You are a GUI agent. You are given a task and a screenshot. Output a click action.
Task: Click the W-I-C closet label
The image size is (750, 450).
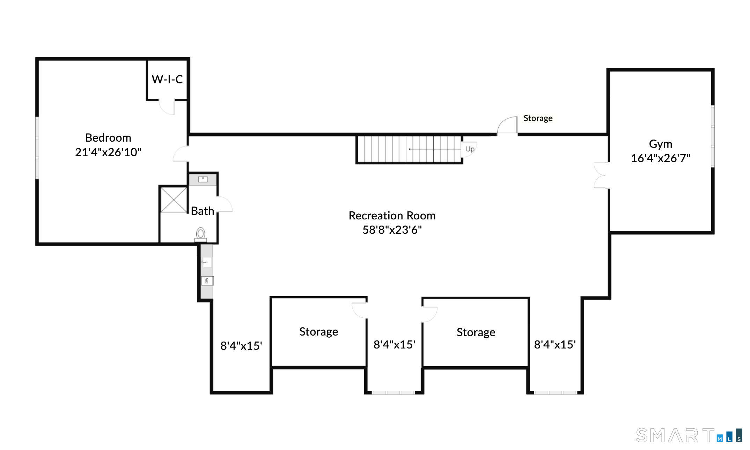[167, 80]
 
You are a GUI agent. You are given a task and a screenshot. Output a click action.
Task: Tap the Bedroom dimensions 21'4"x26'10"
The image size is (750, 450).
[108, 152]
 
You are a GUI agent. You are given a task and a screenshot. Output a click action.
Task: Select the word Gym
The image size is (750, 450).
[660, 144]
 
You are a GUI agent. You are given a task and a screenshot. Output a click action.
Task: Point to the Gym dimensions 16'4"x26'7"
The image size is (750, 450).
[660, 158]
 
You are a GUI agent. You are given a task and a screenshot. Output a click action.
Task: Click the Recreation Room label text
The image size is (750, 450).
[392, 216]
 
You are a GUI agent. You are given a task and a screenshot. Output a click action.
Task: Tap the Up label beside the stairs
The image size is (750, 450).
[470, 149]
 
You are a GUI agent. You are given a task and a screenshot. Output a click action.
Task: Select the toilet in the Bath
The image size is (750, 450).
[200, 234]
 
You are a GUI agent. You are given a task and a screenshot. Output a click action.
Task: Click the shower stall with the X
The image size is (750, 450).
[174, 200]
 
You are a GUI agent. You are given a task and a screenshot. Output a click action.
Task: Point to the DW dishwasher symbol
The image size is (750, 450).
[207, 280]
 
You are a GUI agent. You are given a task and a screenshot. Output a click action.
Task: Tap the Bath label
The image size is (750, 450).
[203, 211]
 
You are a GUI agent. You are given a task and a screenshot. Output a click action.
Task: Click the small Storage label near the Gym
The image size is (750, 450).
[538, 118]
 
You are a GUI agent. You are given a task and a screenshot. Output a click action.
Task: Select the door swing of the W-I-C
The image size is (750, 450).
[167, 107]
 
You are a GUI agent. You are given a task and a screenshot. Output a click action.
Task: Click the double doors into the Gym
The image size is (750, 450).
[601, 175]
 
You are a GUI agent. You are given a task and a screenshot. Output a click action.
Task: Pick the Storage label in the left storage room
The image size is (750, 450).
[318, 331]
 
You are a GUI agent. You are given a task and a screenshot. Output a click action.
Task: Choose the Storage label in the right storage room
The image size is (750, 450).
[476, 332]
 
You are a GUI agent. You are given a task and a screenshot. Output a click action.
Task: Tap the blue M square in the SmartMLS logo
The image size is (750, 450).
[720, 438]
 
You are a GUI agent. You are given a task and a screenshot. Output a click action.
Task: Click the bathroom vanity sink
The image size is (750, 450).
[203, 179]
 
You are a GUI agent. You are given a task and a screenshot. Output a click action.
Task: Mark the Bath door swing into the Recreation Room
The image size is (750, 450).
[225, 204]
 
